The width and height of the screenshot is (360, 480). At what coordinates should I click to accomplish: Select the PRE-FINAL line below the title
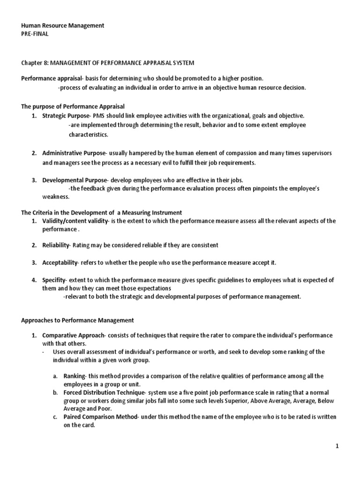[x=35, y=34]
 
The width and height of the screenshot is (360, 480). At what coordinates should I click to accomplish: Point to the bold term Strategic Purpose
[x=66, y=115]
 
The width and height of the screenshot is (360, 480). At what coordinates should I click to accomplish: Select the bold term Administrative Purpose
[x=75, y=153]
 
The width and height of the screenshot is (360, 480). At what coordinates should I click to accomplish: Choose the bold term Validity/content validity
[x=75, y=221]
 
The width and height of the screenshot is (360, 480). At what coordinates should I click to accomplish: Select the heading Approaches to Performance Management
[x=78, y=320]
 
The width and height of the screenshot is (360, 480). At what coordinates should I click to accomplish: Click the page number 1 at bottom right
[x=337, y=447]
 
